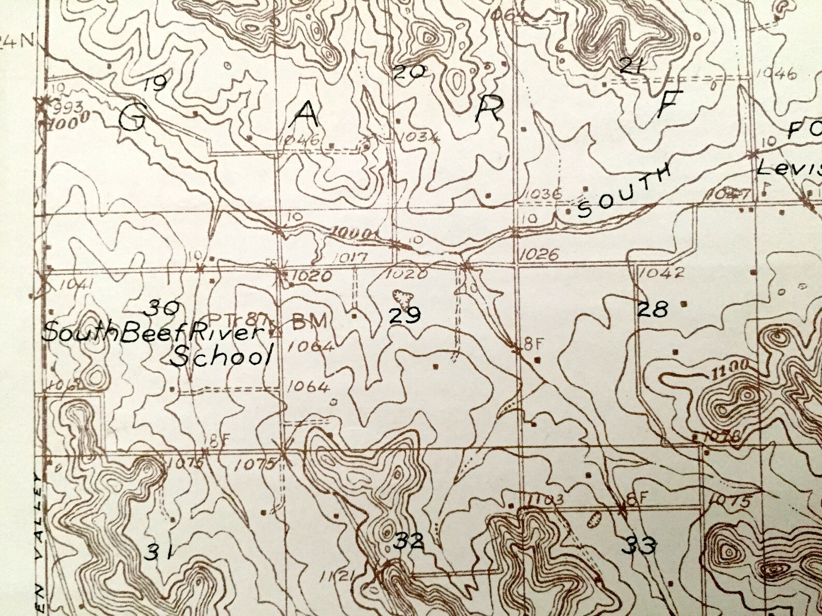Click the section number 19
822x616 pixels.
(154, 83)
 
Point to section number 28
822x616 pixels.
(652, 309)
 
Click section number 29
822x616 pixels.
(405, 315)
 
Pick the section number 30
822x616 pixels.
(162, 309)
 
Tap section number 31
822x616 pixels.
(158, 552)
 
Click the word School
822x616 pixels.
(223, 356)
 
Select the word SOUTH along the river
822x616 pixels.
(623, 191)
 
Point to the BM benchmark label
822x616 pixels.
(310, 322)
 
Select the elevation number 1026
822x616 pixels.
(538, 253)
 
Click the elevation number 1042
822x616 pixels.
(662, 272)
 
